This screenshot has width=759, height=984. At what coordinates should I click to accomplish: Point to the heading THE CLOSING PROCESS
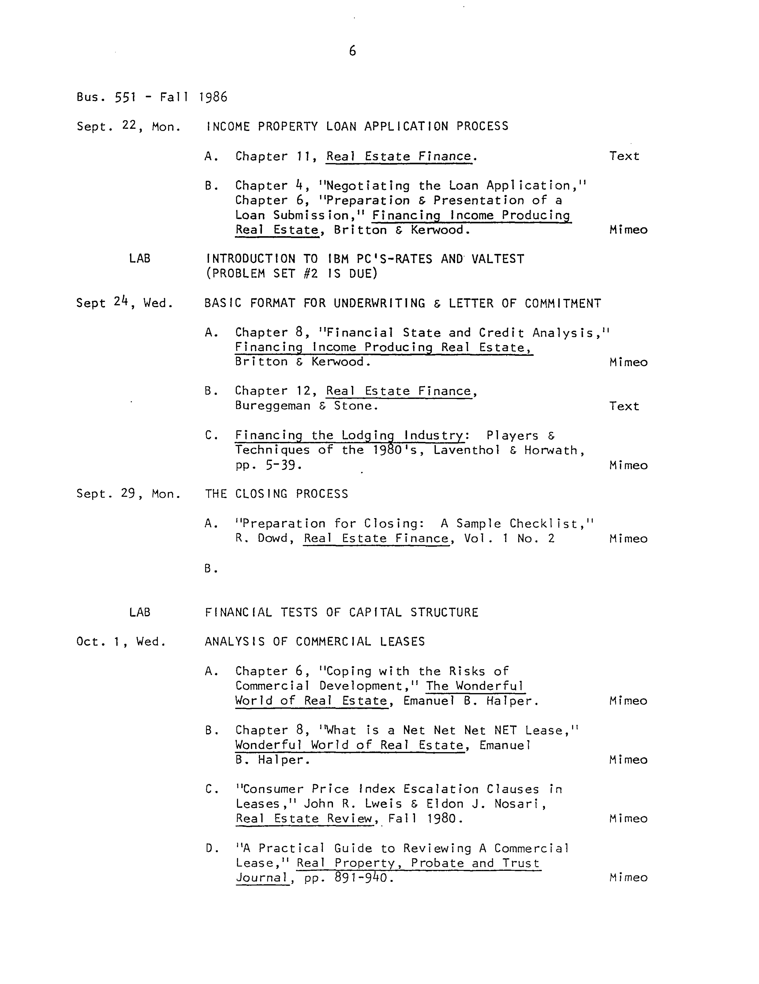click(276, 494)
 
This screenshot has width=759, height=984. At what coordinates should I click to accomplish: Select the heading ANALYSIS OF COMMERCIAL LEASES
click(314, 642)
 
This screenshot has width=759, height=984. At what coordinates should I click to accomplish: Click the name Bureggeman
click(272, 406)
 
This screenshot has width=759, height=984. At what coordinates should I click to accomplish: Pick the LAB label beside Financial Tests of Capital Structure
click(139, 612)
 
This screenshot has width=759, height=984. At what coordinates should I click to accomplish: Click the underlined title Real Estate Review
click(304, 819)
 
